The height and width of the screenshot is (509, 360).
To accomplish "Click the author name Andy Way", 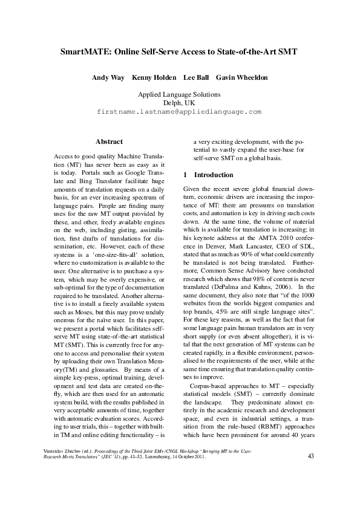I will (106, 77).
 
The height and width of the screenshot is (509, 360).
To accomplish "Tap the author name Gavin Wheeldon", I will (242, 77).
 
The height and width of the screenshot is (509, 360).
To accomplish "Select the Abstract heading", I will (110, 141).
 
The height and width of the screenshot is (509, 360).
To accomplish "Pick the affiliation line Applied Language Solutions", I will (179, 95).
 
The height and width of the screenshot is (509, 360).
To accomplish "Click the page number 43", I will (311, 456).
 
